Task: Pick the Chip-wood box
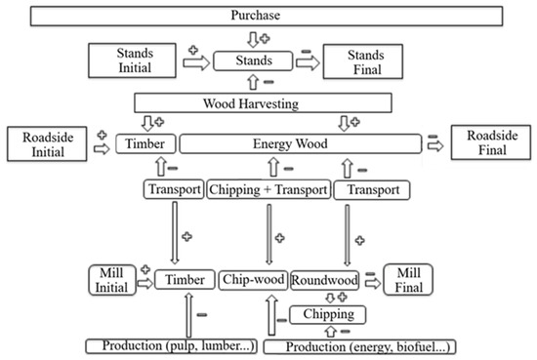pyautogui.click(x=253, y=281)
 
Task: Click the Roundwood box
pyautogui.click(x=326, y=281)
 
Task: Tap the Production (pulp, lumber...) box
pyautogui.click(x=169, y=346)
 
